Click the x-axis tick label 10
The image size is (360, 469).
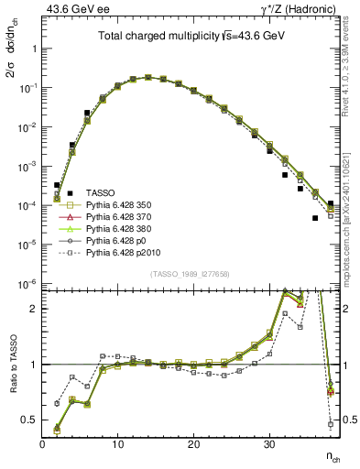click(117, 444)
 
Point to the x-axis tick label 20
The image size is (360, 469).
click(193, 444)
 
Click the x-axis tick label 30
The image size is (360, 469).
click(268, 444)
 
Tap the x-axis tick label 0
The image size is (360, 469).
click(42, 444)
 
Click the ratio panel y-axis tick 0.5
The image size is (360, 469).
click(29, 420)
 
